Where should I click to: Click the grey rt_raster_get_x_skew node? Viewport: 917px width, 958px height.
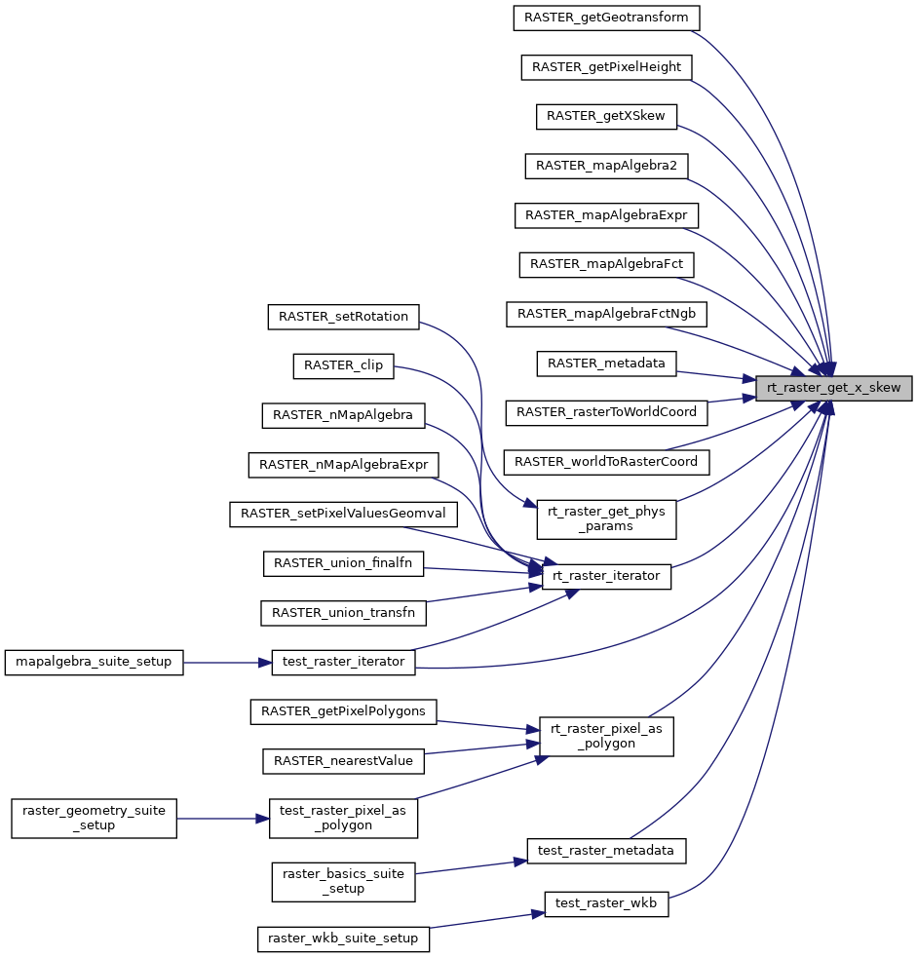coord(834,388)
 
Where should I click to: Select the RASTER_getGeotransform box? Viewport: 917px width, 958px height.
coord(606,18)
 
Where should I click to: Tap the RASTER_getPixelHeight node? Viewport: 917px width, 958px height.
coord(606,67)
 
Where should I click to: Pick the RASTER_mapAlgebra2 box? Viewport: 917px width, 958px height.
coord(606,166)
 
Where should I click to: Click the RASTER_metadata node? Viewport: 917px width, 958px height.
coord(606,364)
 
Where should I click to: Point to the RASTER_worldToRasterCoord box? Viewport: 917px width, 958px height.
coord(606,462)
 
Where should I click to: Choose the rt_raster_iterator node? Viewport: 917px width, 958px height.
coord(606,576)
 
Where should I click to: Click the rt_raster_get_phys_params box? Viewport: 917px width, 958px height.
coord(606,519)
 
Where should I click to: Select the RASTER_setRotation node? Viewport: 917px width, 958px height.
coord(343,317)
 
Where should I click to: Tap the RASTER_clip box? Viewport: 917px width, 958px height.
coord(343,366)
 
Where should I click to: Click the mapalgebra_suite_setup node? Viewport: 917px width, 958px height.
coord(94,663)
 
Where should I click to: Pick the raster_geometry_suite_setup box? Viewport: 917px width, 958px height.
coord(94,818)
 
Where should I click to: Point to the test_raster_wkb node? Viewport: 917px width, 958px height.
coord(606,903)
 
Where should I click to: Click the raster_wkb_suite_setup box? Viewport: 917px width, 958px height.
coord(343,939)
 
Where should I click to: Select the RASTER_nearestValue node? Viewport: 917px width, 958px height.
coord(343,761)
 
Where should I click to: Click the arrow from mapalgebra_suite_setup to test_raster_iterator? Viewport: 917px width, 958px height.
coord(227,663)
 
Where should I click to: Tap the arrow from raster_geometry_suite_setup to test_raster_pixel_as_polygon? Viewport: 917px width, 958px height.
coord(223,818)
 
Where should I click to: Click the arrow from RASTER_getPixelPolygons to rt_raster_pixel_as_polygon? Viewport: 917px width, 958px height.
coord(488,725)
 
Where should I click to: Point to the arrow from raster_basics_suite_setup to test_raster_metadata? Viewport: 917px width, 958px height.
coord(471,867)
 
